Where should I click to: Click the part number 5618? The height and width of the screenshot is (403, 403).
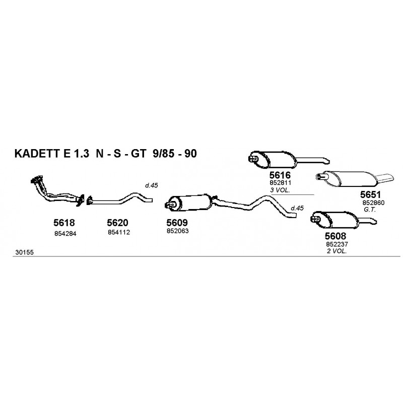tap(64, 223)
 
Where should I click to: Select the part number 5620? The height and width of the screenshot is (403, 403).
tap(117, 223)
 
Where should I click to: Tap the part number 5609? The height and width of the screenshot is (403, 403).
tap(177, 222)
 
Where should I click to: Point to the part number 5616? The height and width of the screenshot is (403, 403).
tap(280, 175)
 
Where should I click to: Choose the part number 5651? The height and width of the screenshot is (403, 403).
tap(370, 194)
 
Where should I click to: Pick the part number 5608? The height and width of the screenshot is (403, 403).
tap(335, 236)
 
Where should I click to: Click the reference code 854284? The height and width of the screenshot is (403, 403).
tap(65, 234)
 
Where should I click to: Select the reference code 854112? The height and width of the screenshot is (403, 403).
tap(119, 232)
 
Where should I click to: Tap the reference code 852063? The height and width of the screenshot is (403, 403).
tap(178, 231)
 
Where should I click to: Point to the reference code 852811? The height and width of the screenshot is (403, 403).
tap(280, 183)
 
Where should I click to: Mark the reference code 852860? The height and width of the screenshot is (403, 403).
tap(373, 203)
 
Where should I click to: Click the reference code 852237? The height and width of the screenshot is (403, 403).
tap(337, 244)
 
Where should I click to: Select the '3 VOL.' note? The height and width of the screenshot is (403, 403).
tap(280, 190)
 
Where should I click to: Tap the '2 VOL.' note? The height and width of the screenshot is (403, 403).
tap(337, 251)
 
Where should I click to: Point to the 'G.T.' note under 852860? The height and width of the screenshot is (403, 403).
tap(370, 210)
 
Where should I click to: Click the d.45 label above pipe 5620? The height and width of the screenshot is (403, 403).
tap(152, 185)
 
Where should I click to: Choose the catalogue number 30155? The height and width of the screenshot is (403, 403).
tap(24, 252)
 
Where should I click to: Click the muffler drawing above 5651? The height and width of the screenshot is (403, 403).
tap(355, 178)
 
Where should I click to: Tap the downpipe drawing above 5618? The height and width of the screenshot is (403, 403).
tap(57, 191)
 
